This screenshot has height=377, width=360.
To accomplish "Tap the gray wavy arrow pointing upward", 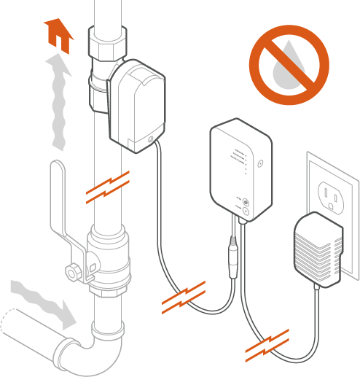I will pos(58,102).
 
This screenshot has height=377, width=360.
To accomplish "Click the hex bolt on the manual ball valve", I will pos(74,273).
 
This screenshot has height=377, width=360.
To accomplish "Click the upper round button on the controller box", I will pos(246,202).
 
